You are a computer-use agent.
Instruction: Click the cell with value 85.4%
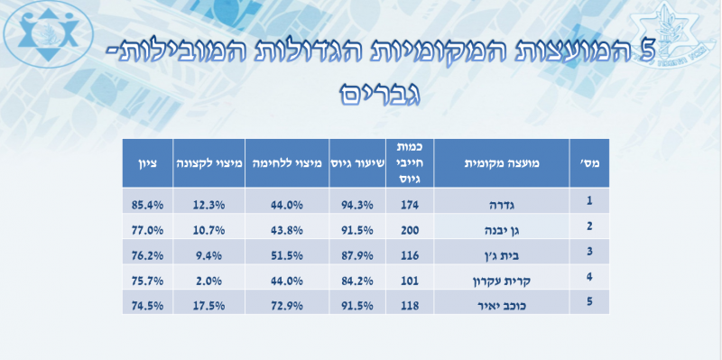point(146,204)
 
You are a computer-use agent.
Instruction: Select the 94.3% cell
point(356,204)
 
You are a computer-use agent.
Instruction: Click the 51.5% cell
point(285,254)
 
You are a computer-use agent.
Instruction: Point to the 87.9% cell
point(356,254)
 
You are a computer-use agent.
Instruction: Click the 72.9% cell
point(285,305)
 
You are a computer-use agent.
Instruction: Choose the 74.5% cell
point(146,305)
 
